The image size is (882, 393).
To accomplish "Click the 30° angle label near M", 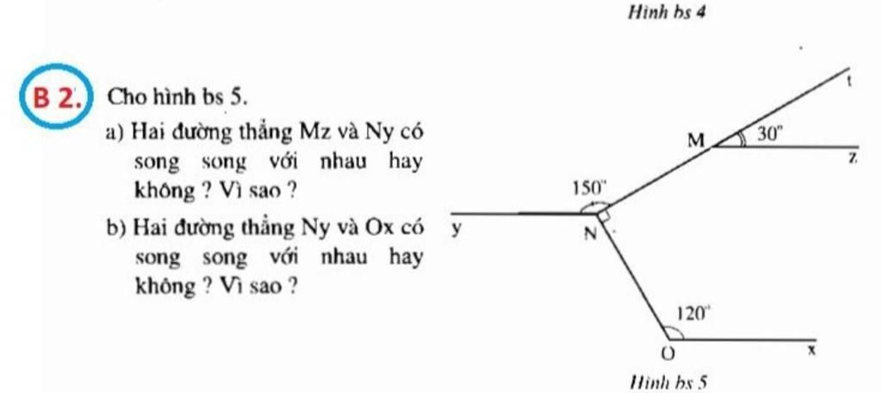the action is pyautogui.click(x=768, y=133).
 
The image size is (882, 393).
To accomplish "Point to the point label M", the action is pyautogui.click(x=696, y=140).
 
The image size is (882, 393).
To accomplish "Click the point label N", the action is pyautogui.click(x=589, y=233).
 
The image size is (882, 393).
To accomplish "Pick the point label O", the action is pyautogui.click(x=668, y=353).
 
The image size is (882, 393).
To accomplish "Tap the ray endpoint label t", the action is pyautogui.click(x=850, y=82).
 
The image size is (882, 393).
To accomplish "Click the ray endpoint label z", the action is pyautogui.click(x=853, y=159).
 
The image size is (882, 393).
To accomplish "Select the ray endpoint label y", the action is pyautogui.click(x=456, y=230).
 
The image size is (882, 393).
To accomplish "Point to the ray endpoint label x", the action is pyautogui.click(x=811, y=350).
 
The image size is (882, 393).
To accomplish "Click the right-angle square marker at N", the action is pyautogui.click(x=604, y=215).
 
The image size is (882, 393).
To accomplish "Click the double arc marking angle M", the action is pyautogui.click(x=742, y=140).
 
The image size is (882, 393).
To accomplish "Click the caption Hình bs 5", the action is pyautogui.click(x=668, y=384).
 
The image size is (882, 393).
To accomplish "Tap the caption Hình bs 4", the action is pyautogui.click(x=667, y=12).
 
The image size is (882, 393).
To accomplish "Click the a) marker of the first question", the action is pyautogui.click(x=115, y=134).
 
